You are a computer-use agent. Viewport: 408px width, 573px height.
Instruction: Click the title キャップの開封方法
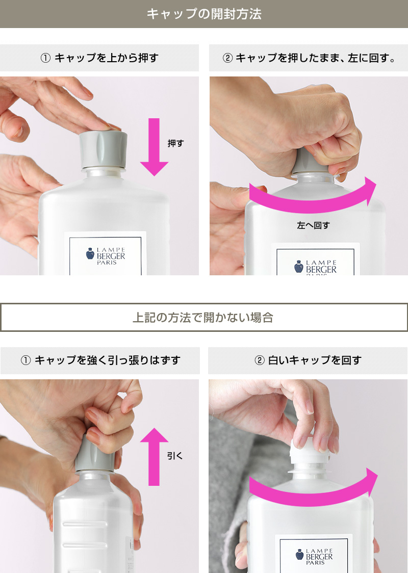[204, 14]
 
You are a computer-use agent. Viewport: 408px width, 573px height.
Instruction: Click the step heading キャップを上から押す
[99, 58]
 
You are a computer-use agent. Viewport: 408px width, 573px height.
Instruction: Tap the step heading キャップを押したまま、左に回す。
[309, 58]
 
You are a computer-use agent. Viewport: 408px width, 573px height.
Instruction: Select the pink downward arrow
[154, 147]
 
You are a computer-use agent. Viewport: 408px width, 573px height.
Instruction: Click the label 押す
[175, 144]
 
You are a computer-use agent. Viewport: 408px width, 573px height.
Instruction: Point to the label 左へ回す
[313, 225]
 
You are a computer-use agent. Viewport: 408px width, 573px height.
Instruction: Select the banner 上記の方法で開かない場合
[204, 318]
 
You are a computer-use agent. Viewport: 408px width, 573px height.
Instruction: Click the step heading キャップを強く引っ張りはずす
[100, 360]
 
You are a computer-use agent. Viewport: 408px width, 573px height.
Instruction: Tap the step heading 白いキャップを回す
[308, 360]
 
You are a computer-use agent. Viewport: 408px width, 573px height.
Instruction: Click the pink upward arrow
[154, 457]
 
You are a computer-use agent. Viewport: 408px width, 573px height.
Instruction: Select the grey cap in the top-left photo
[104, 149]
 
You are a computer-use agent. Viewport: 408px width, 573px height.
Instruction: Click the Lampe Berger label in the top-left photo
[106, 253]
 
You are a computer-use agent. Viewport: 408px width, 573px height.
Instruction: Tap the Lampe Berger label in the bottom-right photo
[314, 553]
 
